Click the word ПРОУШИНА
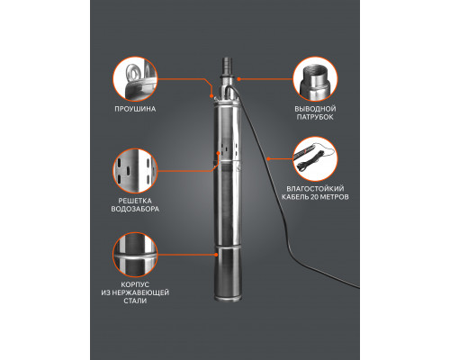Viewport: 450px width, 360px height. pyautogui.click(x=135, y=109)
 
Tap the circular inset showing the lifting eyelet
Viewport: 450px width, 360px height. pyautogui.click(x=135, y=79)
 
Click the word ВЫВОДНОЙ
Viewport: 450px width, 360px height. pyautogui.click(x=315, y=109)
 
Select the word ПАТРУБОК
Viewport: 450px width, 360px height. pyautogui.click(x=315, y=117)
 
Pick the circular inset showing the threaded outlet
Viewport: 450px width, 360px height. pyautogui.click(x=315, y=79)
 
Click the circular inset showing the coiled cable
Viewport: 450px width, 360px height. pyautogui.click(x=315, y=159)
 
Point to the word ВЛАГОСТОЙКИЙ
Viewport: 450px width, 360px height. pyautogui.click(x=315, y=189)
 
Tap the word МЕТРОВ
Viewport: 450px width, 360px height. pyautogui.click(x=335, y=197)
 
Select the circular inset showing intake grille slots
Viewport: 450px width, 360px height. pyautogui.click(x=135, y=171)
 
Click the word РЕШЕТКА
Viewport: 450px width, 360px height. pyautogui.click(x=135, y=201)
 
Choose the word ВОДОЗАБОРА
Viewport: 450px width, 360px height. pyautogui.click(x=135, y=209)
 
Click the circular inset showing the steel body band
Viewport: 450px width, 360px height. pyautogui.click(x=135, y=255)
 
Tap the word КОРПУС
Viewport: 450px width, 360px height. pyautogui.click(x=135, y=284)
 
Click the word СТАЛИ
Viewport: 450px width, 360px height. pyautogui.click(x=135, y=301)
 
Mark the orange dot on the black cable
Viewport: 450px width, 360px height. pyautogui.click(x=268, y=158)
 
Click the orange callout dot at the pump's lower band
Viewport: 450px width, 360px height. pyautogui.click(x=216, y=255)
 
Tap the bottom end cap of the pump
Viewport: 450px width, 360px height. pyautogui.click(x=228, y=298)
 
